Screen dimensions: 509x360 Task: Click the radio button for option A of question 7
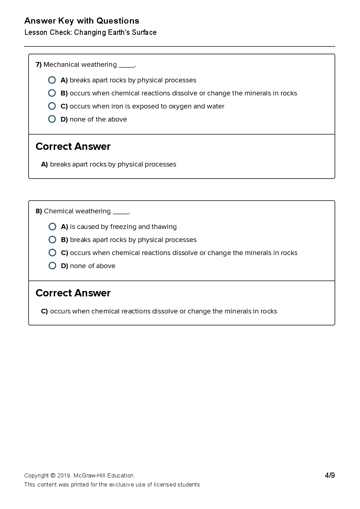(52, 80)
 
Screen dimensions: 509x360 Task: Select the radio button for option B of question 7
(52, 93)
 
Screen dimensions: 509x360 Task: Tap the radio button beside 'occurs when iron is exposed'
(52, 106)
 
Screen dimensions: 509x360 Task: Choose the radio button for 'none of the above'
(52, 119)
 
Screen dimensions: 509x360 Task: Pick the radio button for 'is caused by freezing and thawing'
(52, 226)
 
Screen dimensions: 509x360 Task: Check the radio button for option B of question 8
(52, 239)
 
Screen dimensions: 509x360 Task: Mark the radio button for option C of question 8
(52, 253)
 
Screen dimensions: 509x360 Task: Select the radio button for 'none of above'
(52, 266)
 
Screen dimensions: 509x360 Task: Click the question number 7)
(38, 65)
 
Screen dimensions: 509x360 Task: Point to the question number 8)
(38, 211)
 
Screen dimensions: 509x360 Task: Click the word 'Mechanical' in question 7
(60, 65)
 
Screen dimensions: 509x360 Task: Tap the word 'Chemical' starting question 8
(59, 211)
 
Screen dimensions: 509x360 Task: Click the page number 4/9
(330, 475)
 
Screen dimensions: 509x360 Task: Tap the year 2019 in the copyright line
(64, 476)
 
